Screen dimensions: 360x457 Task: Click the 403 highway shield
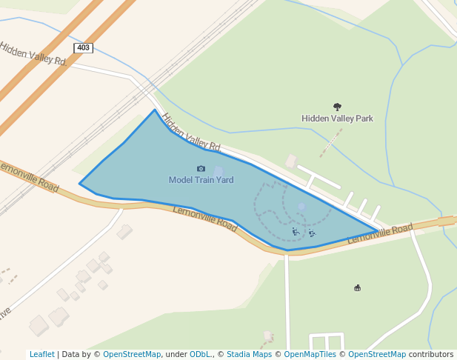(84, 47)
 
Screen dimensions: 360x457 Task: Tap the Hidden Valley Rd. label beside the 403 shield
(33, 54)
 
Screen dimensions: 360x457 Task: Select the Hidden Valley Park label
(337, 119)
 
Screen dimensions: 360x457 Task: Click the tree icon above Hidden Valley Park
(338, 107)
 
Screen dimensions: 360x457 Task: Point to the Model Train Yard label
(201, 180)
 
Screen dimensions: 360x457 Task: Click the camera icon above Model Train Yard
(201, 170)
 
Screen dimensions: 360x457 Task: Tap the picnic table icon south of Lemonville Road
(358, 288)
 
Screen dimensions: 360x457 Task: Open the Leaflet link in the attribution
(41, 354)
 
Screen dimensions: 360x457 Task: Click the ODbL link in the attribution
(199, 354)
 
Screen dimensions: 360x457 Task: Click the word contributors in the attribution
(430, 354)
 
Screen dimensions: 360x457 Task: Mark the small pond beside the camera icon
(219, 172)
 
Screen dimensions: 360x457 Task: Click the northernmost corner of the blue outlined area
(155, 110)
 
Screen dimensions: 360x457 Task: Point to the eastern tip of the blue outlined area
(378, 232)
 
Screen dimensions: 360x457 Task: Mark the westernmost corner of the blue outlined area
(80, 184)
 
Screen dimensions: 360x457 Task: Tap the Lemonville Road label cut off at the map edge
(30, 174)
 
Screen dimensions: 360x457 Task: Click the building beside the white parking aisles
(291, 161)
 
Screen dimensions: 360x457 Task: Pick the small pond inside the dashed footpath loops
(301, 207)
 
